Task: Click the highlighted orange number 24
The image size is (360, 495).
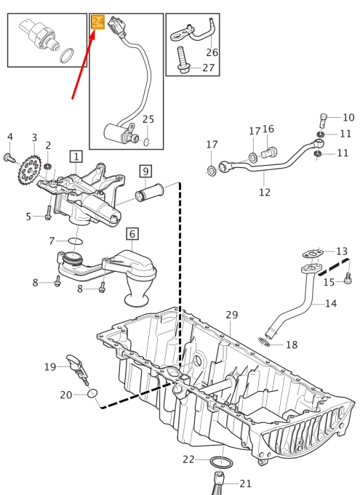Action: (x=98, y=22)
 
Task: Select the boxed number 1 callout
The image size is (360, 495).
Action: (x=76, y=156)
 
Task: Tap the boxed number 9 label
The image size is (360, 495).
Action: (x=145, y=171)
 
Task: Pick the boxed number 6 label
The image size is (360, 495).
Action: (x=132, y=234)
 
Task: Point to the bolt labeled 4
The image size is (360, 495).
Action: (x=9, y=158)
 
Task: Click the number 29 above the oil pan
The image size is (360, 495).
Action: (x=232, y=315)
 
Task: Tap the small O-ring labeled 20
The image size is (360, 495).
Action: (x=92, y=394)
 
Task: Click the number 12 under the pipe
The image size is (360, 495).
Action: (x=265, y=192)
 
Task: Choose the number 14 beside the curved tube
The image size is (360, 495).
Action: (x=331, y=303)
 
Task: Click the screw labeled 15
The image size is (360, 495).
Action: (x=348, y=278)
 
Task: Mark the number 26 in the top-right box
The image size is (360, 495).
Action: (x=212, y=52)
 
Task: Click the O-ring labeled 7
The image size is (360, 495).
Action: (x=76, y=241)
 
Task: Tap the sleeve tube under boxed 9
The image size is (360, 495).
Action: (x=150, y=193)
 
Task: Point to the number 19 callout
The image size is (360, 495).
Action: (x=50, y=367)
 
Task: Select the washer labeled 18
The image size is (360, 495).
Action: (x=264, y=342)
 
